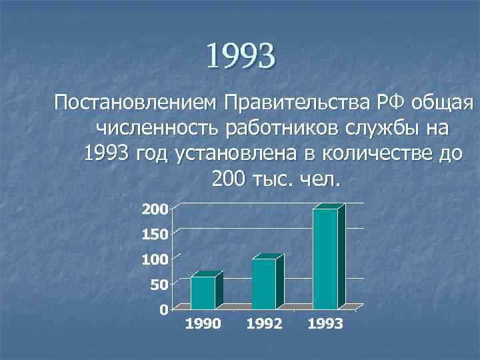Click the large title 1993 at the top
tap(240, 56)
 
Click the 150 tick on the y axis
tap(154, 234)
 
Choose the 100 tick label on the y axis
tap(154, 259)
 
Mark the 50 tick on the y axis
tap(158, 284)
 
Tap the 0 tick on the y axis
tap(163, 310)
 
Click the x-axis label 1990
tap(203, 325)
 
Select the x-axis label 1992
tap(264, 325)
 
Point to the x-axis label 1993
tap(325, 325)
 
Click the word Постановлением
tap(136, 104)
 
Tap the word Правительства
tap(291, 104)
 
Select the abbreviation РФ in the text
tap(387, 104)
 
